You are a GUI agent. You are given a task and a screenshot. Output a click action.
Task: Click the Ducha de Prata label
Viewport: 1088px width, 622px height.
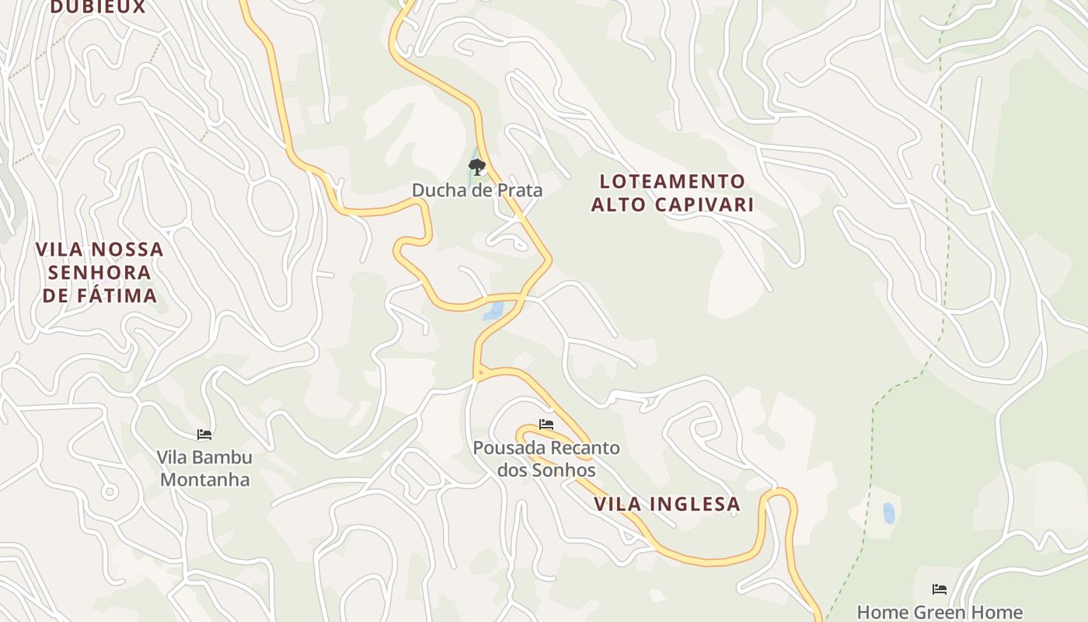[x=476, y=190]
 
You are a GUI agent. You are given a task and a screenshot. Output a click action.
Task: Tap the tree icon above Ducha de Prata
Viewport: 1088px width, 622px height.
[x=476, y=166]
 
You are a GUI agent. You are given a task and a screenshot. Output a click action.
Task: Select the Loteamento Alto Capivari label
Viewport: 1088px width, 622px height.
[x=672, y=193]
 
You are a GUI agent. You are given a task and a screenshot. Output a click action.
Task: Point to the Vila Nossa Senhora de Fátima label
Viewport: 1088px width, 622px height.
[x=100, y=272]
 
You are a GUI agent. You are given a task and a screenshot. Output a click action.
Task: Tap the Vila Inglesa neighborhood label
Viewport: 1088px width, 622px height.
[x=667, y=504]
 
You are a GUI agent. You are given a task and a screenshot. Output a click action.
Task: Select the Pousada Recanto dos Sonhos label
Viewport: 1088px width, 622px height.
[x=546, y=459]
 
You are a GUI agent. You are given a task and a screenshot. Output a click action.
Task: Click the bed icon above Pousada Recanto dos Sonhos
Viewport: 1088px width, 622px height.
[x=546, y=425]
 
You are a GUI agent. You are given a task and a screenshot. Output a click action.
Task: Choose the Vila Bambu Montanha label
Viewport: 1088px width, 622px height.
[x=205, y=468]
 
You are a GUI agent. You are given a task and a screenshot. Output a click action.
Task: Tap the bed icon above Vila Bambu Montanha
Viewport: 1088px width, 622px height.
[x=204, y=435]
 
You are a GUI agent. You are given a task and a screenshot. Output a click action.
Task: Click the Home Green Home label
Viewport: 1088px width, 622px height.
[x=939, y=613]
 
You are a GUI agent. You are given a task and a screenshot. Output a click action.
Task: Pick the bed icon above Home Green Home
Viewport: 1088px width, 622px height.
[x=940, y=589]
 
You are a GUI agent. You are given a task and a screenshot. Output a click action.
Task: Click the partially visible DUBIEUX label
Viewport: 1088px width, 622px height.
[x=98, y=7]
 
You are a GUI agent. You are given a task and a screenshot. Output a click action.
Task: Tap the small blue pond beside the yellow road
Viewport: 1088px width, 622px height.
[x=493, y=312]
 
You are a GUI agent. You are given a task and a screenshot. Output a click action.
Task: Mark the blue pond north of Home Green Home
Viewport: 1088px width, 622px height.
[x=888, y=513]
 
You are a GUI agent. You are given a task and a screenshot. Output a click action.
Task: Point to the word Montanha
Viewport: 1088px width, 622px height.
[x=205, y=479]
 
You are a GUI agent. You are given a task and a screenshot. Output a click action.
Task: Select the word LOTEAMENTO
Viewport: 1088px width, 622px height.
[x=672, y=182]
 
